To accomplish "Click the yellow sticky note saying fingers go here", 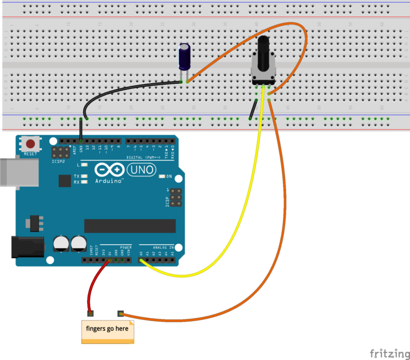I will click(107, 331).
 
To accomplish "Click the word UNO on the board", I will click(141, 170).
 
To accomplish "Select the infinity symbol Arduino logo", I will click(109, 170).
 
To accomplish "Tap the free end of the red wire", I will click(90, 313).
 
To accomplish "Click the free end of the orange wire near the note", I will click(120, 313).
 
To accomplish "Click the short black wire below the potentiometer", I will click(253, 109).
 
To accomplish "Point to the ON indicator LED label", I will click(169, 177).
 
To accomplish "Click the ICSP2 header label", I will click(58, 161).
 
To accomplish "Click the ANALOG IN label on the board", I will click(164, 247).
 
